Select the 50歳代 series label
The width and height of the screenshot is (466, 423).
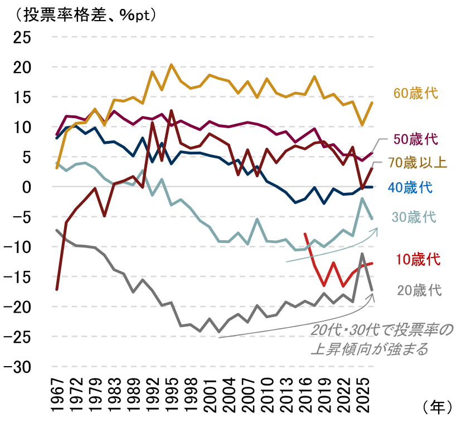click(416, 139)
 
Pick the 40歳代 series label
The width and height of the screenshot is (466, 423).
click(410, 187)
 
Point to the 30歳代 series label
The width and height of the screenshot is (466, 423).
click(414, 217)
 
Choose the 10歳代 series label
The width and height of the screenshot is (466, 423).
click(418, 259)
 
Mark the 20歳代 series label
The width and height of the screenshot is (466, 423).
click(419, 290)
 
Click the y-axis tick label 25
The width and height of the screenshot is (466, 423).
click(24, 37)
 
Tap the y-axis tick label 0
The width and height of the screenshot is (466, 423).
click(31, 187)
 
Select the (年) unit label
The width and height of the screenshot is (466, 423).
click(437, 407)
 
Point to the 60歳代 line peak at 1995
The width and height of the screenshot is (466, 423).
click(171, 65)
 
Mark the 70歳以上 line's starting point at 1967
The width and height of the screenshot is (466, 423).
click(57, 289)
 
